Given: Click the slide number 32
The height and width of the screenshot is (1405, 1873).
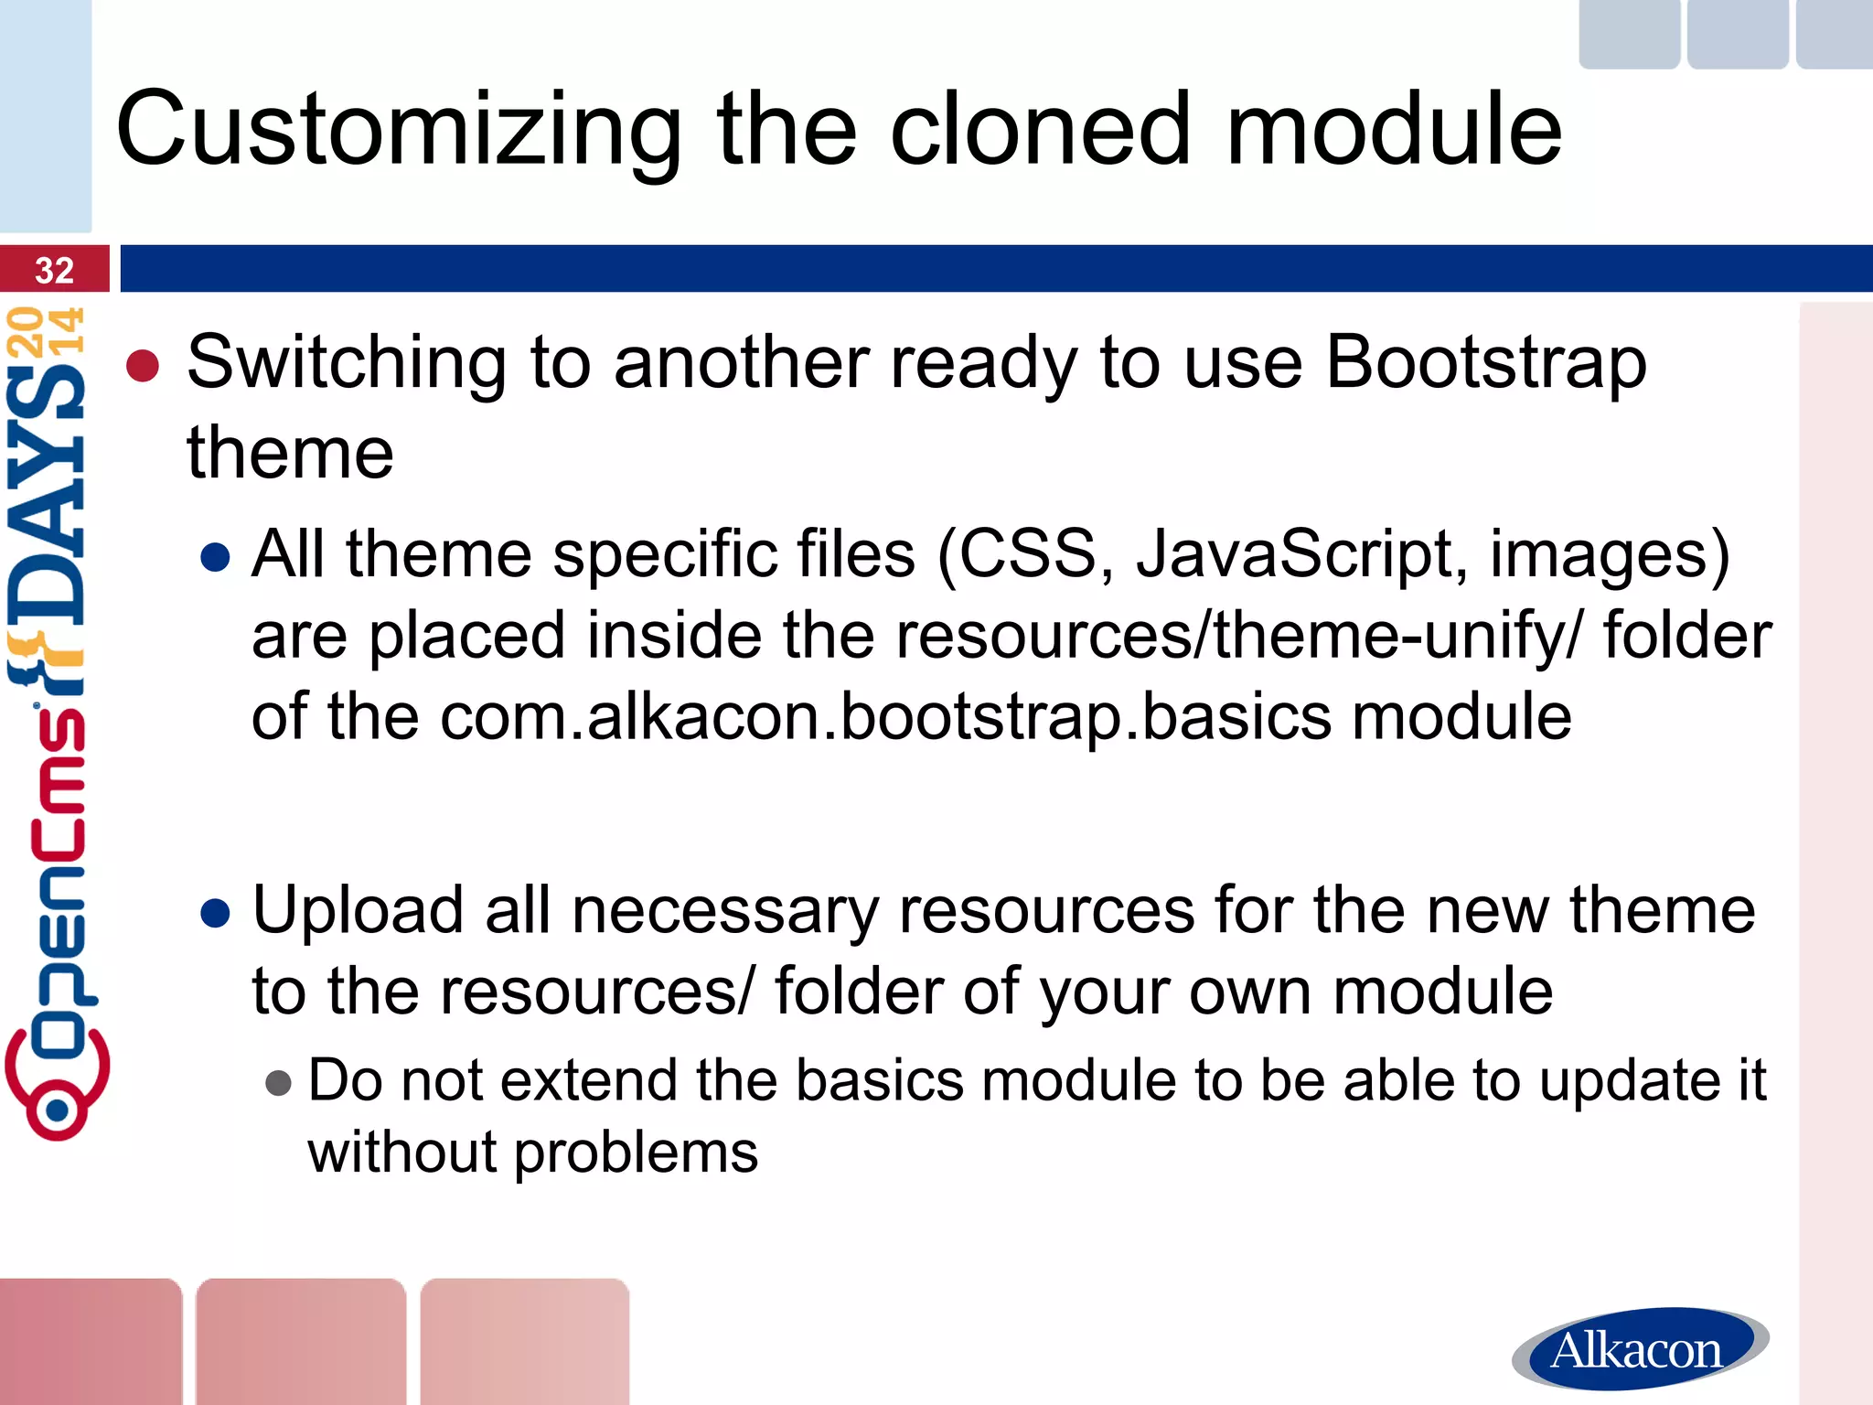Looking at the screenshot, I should [54, 271].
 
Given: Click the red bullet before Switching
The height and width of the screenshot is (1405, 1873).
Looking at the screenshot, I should [144, 367].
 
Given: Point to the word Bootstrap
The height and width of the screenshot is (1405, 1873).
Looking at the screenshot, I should [1485, 363].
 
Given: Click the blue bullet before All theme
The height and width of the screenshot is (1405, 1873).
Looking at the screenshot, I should [215, 557].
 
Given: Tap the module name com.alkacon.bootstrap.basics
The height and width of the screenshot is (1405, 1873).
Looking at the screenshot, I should [885, 716].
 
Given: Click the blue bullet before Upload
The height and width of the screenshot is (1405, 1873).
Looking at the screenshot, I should [215, 913].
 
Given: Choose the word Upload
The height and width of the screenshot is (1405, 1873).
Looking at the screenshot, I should [358, 911].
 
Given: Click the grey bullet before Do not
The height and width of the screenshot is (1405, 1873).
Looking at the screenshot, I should [278, 1084].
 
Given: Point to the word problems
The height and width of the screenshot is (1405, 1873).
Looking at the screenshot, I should [636, 1153].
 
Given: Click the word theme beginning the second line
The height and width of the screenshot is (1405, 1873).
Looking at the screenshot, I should [290, 454].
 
